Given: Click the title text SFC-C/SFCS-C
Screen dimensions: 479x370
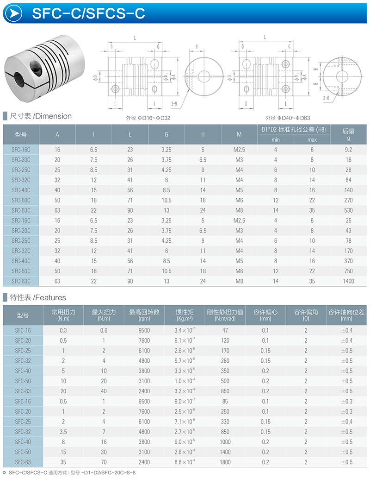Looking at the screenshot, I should [x=89, y=13].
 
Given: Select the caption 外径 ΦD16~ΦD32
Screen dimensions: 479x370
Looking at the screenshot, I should [x=148, y=118].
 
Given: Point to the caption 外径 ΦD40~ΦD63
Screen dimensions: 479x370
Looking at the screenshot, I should [x=288, y=118].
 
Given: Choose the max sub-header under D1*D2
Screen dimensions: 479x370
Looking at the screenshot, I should [x=312, y=139].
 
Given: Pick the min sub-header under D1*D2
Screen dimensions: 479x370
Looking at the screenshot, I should [x=276, y=139].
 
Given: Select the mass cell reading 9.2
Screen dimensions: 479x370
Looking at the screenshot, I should [x=348, y=150].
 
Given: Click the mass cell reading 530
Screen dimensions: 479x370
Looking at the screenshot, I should [x=348, y=210].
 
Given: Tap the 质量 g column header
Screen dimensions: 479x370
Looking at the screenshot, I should [x=348, y=134].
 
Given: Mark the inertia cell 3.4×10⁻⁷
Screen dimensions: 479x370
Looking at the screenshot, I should [x=185, y=330].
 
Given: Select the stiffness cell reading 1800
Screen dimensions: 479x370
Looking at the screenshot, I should [x=225, y=462].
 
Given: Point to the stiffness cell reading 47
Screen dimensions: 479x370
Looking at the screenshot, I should [x=225, y=330].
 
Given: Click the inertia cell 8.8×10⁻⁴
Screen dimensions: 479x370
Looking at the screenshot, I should [x=185, y=462].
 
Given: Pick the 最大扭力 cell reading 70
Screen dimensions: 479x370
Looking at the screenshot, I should [x=104, y=462].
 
